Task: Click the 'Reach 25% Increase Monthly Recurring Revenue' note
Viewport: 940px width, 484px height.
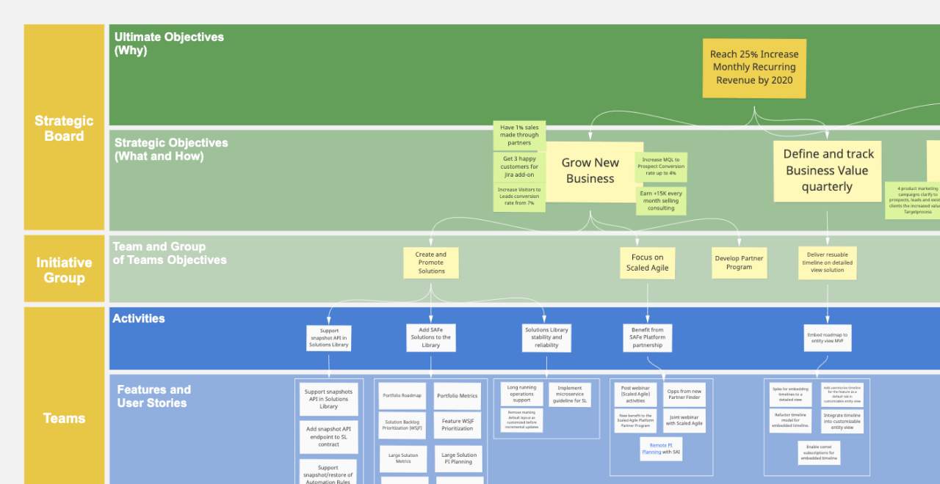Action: coord(754,67)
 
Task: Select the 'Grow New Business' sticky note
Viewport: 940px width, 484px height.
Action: coord(590,171)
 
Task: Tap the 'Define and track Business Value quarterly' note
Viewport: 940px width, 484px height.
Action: coord(827,171)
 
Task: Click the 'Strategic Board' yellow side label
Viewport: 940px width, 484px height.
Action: coord(64,128)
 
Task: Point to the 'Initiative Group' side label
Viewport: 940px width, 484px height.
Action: coord(64,269)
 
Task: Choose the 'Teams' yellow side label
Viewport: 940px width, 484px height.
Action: coord(64,418)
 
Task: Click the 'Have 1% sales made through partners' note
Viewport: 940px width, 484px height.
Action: coord(519,135)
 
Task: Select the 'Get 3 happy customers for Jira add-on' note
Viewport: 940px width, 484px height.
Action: coord(519,167)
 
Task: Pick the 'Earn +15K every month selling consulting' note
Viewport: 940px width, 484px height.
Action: coord(661,200)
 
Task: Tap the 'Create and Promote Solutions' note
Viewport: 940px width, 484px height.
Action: coord(431,263)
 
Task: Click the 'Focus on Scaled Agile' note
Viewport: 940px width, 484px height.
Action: coord(647,263)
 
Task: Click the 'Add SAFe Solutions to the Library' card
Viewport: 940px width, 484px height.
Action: coord(430,337)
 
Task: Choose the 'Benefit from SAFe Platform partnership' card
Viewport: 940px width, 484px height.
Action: coord(647,337)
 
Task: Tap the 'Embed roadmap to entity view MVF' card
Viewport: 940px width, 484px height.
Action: coord(827,337)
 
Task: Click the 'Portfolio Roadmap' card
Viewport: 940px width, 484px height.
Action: coord(402,395)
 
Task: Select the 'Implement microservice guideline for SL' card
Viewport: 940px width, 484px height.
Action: coord(569,395)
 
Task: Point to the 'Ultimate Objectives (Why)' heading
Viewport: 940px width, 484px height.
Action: coord(169,43)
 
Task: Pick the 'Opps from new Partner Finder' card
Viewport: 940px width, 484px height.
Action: coord(684,395)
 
